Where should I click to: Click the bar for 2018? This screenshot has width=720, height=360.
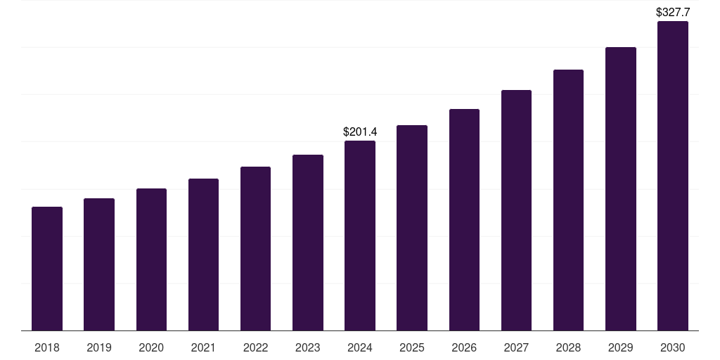click(47, 269)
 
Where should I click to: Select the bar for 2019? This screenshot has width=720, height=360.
click(99, 264)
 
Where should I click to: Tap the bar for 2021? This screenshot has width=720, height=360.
click(203, 255)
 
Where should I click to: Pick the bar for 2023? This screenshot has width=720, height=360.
click(308, 243)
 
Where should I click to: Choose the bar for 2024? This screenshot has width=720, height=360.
click(360, 236)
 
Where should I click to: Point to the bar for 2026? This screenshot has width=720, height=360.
click(464, 219)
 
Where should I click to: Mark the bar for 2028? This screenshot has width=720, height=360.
click(568, 200)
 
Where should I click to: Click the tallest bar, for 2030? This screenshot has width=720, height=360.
click(673, 176)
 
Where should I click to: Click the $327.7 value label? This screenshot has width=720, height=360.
click(673, 12)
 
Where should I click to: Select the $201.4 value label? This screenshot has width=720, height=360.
click(360, 131)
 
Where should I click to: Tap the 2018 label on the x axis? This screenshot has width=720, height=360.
click(47, 347)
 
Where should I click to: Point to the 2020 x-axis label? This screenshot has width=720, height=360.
click(151, 347)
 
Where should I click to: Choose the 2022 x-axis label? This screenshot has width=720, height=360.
click(255, 347)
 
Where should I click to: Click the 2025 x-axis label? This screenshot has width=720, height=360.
click(412, 347)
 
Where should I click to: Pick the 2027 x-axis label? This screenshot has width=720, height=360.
click(516, 347)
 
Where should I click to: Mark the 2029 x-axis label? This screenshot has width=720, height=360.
click(620, 347)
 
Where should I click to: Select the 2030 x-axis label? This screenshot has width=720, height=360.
click(673, 347)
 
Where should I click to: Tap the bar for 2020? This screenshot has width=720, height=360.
click(151, 259)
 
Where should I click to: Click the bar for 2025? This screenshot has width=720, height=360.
click(412, 228)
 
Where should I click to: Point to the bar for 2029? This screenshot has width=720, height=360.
click(620, 188)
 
